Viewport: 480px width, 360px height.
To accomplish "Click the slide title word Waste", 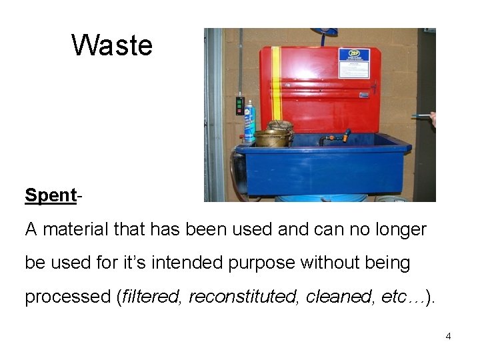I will pyautogui.click(x=112, y=46).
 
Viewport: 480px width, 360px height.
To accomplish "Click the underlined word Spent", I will pyautogui.click(x=51, y=195).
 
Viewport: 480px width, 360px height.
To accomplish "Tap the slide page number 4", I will pyautogui.click(x=448, y=336).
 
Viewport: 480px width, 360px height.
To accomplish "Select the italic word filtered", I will pyautogui.click(x=151, y=297).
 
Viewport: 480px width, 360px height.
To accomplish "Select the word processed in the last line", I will pyautogui.click(x=67, y=297).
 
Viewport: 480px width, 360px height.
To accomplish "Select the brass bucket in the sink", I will pyautogui.click(x=273, y=137).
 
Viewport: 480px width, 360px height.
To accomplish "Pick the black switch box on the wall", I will pyautogui.click(x=239, y=105).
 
